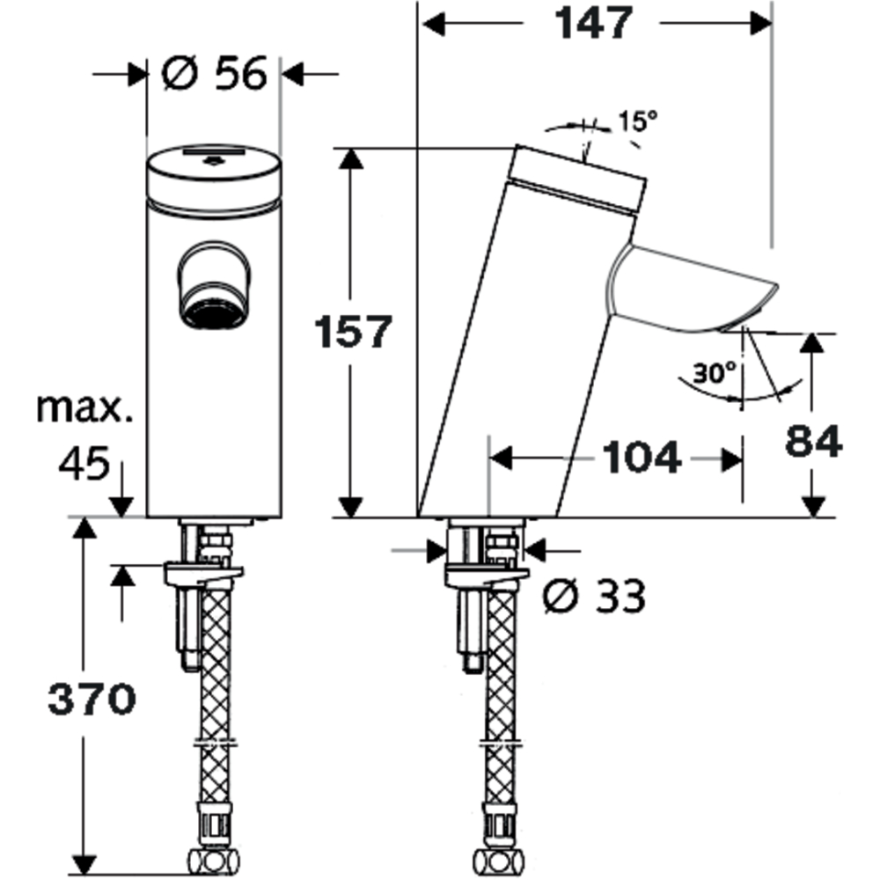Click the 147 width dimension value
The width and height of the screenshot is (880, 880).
593,23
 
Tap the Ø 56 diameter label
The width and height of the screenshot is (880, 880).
215,74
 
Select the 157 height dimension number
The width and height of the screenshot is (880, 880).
353,332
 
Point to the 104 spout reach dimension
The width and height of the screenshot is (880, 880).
642,458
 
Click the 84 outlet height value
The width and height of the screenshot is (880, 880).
814,441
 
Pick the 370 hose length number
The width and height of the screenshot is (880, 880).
92,700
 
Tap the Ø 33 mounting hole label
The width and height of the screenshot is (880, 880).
594,596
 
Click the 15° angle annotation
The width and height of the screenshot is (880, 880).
637,121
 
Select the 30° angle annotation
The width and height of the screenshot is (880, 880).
714,372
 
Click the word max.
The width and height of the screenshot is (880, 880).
84,408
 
